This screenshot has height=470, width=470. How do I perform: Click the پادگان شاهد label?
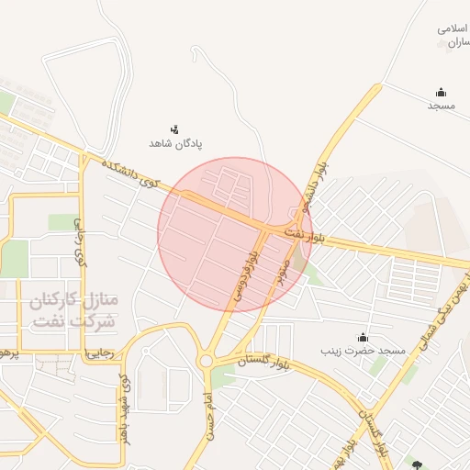coord(175,144)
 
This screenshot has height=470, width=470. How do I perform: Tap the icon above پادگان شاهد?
coord(174,129)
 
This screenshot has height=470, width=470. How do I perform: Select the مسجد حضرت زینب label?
coord(363,352)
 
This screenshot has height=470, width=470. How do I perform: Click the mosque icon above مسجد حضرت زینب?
coord(363,337)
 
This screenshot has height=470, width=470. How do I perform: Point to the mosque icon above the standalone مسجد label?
coord(441,92)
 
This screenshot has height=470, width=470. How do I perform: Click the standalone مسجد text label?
coord(441,106)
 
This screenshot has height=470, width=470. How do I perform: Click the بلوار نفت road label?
coord(306,234)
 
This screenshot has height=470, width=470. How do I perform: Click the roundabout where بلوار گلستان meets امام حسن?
coord(206,362)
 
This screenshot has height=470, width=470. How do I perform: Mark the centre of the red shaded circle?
coord(235,234)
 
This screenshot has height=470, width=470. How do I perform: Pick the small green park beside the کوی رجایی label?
coord(62,222)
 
